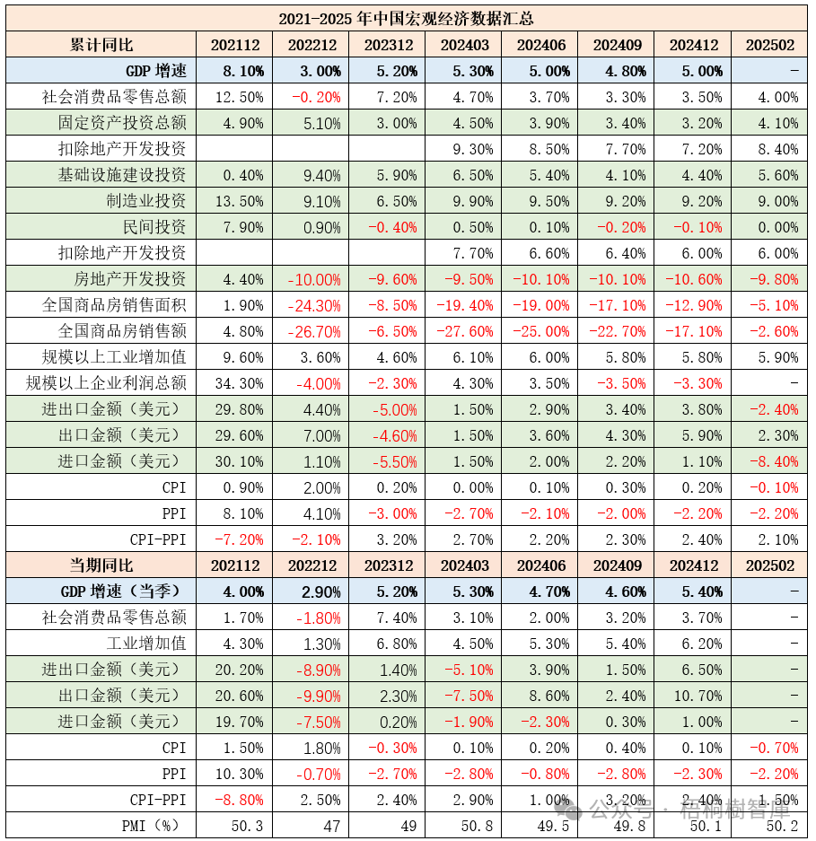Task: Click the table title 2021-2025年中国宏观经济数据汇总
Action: (x=407, y=18)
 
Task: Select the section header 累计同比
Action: (x=101, y=45)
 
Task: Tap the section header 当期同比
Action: (x=101, y=565)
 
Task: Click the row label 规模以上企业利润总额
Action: (x=107, y=383)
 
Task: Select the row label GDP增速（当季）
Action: (x=123, y=591)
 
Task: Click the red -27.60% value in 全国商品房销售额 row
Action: (x=464, y=331)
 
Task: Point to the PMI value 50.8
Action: (x=474, y=825)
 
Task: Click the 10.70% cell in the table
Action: (x=694, y=696)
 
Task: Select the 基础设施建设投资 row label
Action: (x=122, y=174)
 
